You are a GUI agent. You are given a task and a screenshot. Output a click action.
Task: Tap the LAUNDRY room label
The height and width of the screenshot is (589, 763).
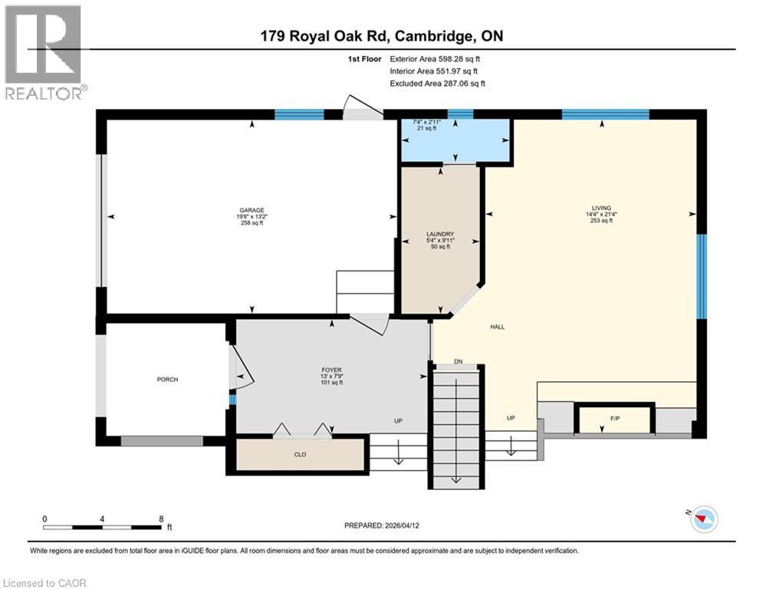tap(440, 234)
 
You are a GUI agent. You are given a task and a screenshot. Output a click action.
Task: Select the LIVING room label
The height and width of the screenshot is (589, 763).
tap(600, 207)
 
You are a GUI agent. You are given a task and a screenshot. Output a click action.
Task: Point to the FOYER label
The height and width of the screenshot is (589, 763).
tap(331, 370)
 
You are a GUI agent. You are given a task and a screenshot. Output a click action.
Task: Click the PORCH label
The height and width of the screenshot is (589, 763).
tap(167, 380)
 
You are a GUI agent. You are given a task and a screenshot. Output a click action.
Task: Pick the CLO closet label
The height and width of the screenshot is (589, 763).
tap(301, 455)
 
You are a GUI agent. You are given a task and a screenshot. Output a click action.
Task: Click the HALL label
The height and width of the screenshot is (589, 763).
tap(497, 327)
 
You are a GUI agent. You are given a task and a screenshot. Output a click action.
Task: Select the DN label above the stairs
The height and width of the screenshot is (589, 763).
tap(459, 361)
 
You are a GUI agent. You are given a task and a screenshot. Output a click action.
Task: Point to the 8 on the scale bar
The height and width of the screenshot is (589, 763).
tap(160, 518)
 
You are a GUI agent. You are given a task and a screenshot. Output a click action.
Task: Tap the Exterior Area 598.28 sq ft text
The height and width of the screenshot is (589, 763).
tap(436, 58)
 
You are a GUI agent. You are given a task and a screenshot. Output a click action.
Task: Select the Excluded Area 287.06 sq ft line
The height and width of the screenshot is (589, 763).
tap(437, 84)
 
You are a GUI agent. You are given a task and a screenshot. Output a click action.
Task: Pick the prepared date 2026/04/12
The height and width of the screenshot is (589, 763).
tap(383, 525)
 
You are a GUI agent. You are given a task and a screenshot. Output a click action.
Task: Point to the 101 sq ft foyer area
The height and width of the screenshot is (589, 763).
tap(331, 383)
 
